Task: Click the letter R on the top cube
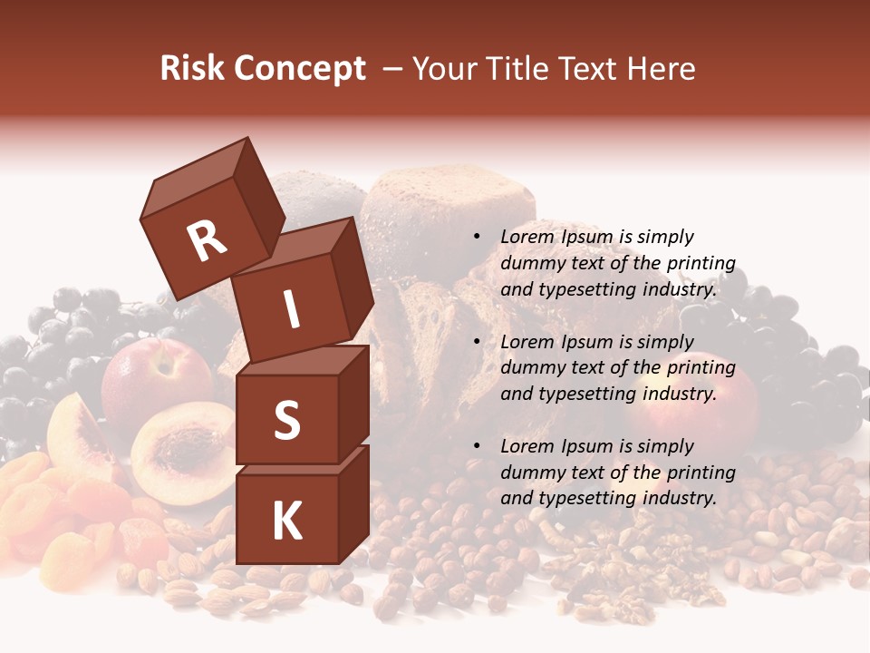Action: point(208,241)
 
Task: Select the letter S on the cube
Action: point(286,420)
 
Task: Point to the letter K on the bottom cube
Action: point(286,521)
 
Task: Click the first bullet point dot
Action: point(477,238)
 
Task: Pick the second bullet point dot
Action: point(477,342)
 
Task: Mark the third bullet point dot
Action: point(477,446)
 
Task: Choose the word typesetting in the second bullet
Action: point(581,395)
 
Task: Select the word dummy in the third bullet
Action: point(531,473)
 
